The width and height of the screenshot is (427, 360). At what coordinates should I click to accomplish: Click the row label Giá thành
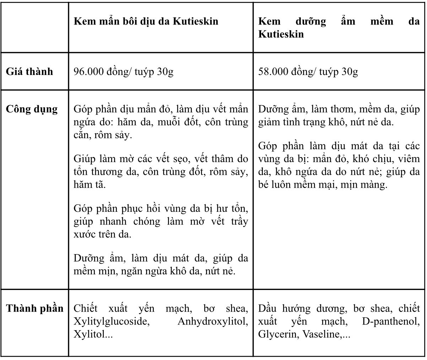29,72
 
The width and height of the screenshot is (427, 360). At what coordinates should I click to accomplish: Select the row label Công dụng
32,109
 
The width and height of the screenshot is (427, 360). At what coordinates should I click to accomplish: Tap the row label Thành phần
34,308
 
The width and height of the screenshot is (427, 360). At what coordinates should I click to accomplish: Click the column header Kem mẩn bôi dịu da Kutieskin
146,21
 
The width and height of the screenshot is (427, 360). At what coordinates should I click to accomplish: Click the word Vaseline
321,334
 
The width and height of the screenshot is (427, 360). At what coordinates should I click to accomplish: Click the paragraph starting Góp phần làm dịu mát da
339,166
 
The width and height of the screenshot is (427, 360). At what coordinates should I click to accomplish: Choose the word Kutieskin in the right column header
281,34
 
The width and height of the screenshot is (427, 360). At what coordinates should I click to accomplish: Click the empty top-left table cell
34,27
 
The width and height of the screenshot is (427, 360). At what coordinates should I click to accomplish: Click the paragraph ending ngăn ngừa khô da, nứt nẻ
161,265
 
